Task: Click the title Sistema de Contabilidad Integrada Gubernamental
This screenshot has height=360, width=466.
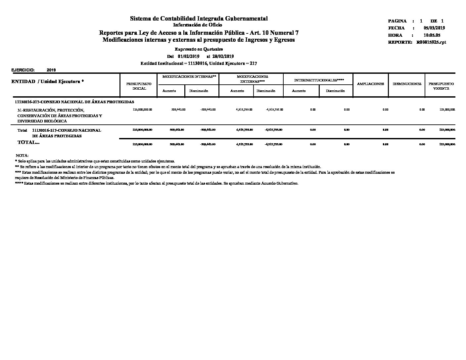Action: pyautogui.click(x=199, y=19)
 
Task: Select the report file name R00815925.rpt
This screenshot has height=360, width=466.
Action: pyautogui.click(x=431, y=42)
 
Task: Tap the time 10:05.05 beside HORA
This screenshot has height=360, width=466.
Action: pyautogui.click(x=432, y=35)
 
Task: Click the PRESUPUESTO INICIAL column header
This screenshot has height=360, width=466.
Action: pyautogui.click(x=139, y=86)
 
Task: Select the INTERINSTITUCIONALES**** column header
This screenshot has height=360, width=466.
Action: pyautogui.click(x=319, y=80)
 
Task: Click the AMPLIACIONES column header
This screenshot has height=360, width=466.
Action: pyautogui.click(x=370, y=84)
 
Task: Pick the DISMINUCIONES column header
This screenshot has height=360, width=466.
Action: pyautogui.click(x=407, y=84)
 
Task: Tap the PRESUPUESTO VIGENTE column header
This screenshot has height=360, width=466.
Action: pyautogui.click(x=441, y=86)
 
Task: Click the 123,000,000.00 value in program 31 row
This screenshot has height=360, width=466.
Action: pyautogui.click(x=142, y=110)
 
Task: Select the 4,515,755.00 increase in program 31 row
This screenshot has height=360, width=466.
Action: pyautogui.click(x=244, y=110)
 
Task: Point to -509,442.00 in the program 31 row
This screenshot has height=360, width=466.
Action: pyautogui.click(x=208, y=110)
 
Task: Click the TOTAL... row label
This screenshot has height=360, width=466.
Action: pyautogui.click(x=28, y=142)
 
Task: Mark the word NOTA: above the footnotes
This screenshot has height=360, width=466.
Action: pyautogui.click(x=22, y=156)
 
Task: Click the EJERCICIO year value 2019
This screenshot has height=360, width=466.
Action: pyautogui.click(x=51, y=70)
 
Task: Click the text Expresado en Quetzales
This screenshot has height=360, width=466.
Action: pyautogui.click(x=199, y=49)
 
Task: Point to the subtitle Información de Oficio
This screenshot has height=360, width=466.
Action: pyautogui.click(x=198, y=25)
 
